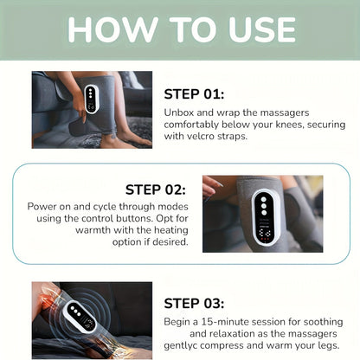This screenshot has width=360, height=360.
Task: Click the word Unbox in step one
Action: pyautogui.click(x=179, y=112)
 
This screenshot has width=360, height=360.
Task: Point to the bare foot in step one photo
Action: pyautogui.click(x=121, y=136)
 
